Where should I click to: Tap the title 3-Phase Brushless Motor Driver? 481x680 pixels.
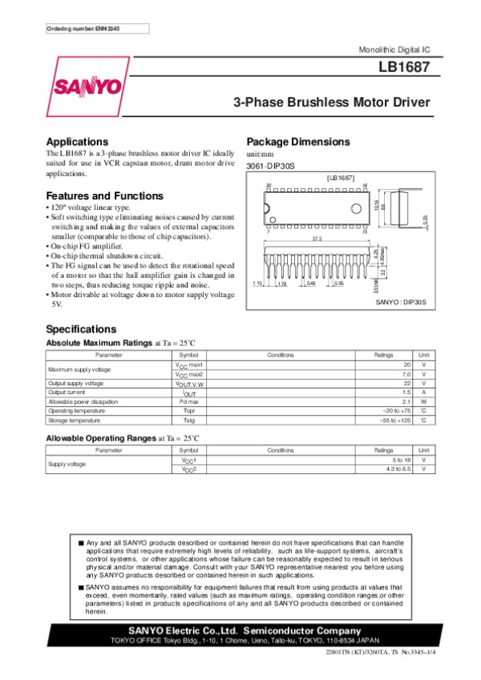(x=331, y=103)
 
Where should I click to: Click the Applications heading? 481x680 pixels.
(x=77, y=141)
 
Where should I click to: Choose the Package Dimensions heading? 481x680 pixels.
(x=298, y=142)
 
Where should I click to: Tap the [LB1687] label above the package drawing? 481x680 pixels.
(x=341, y=177)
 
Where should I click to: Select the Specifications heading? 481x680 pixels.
(x=81, y=329)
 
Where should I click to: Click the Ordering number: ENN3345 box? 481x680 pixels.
(x=83, y=29)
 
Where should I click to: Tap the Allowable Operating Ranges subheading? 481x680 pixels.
(x=99, y=437)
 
